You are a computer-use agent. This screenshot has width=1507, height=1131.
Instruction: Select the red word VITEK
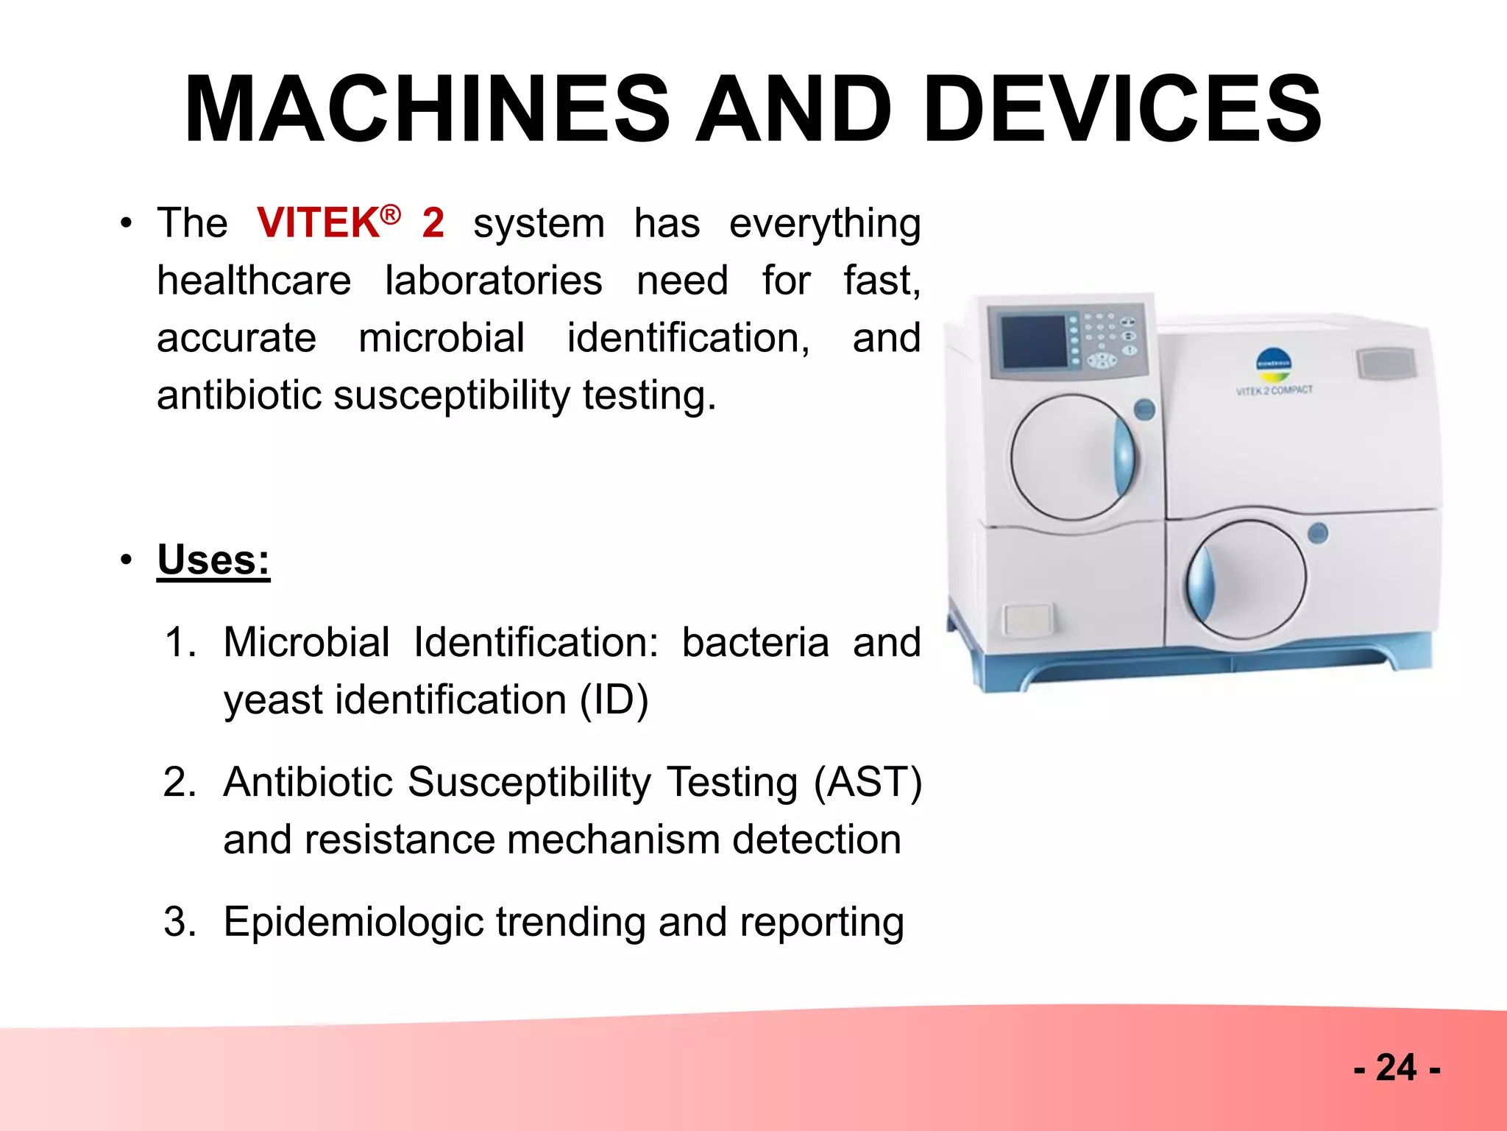tap(318, 223)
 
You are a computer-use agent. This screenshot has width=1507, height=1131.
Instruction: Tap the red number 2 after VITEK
tap(433, 223)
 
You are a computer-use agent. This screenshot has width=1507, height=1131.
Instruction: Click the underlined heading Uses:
tap(213, 560)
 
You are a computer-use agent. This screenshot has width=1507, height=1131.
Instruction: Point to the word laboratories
tap(493, 281)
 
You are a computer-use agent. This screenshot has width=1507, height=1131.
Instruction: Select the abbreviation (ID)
tap(614, 700)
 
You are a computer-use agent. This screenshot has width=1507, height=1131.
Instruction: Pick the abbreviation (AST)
tap(868, 782)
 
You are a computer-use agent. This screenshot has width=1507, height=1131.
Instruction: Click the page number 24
tap(1396, 1068)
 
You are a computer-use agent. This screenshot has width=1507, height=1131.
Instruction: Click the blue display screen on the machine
tap(1034, 342)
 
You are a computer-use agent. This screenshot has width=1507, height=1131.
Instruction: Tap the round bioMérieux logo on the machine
tap(1274, 363)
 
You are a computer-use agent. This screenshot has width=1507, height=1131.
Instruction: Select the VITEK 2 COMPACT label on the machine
tap(1274, 390)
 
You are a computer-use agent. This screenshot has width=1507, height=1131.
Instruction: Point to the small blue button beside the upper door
tap(1144, 409)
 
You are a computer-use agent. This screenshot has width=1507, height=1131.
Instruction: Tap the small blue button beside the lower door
tap(1318, 532)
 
